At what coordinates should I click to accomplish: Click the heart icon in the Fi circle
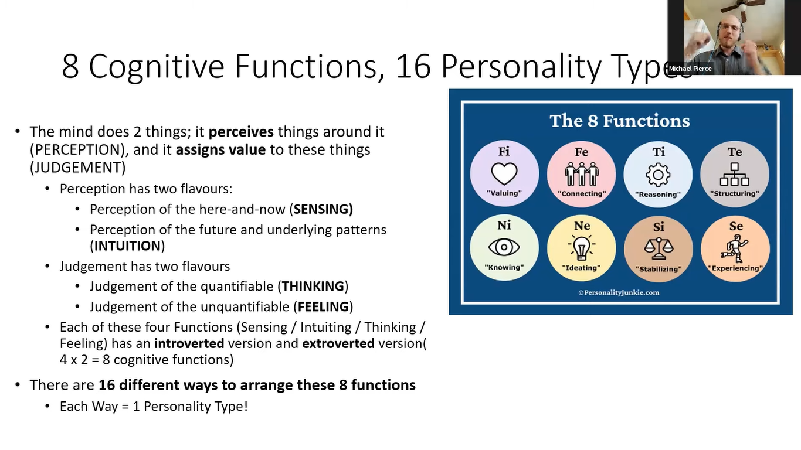click(504, 173)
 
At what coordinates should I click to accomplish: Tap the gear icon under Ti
click(658, 175)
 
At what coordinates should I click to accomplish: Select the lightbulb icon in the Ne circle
click(582, 247)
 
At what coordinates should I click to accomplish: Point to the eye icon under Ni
click(504, 247)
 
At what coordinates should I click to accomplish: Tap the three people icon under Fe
click(582, 174)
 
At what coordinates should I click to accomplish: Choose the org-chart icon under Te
click(735, 175)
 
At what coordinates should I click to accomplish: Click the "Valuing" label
click(504, 193)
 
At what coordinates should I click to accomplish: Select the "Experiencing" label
click(735, 268)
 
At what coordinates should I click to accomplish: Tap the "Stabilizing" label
click(659, 269)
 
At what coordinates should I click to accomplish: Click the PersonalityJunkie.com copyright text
click(619, 293)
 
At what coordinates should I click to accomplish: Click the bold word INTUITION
click(127, 246)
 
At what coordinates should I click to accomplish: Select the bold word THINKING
click(313, 287)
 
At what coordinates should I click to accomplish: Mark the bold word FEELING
click(323, 306)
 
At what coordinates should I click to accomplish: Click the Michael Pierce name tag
click(690, 69)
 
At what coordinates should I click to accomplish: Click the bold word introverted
click(189, 343)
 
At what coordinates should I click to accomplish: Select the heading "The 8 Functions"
click(620, 121)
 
